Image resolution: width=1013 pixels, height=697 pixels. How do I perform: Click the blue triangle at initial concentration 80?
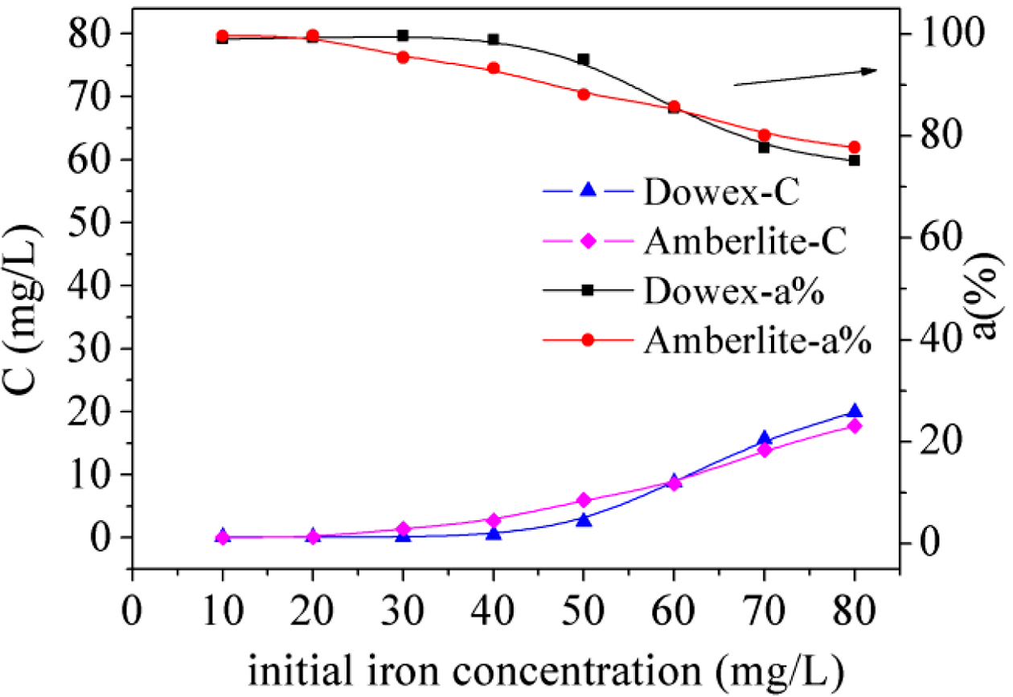(x=855, y=412)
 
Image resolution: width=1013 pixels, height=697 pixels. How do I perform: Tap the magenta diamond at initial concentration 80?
(x=855, y=426)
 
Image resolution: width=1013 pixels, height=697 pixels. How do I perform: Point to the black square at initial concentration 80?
(x=855, y=160)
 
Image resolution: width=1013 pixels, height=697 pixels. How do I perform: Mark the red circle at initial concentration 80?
(x=855, y=147)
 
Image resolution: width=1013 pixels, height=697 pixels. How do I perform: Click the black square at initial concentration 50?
(x=584, y=59)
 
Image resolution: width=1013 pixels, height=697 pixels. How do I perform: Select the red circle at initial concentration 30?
(x=403, y=57)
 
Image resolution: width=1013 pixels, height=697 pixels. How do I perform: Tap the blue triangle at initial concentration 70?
(x=765, y=439)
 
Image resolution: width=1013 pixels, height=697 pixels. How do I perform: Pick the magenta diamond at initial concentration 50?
(x=584, y=500)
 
